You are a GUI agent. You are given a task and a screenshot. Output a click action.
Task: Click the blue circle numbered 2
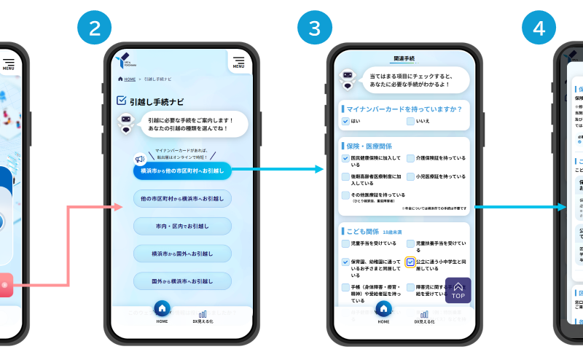pyautogui.click(x=94, y=28)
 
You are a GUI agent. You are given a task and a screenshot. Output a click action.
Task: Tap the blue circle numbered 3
pyautogui.click(x=314, y=28)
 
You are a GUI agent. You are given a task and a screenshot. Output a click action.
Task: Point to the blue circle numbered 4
pyautogui.click(x=539, y=28)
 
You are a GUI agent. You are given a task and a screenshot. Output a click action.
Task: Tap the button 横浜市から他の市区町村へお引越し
pyautogui.click(x=182, y=171)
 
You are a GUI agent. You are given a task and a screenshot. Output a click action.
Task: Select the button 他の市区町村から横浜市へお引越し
pyautogui.click(x=182, y=198)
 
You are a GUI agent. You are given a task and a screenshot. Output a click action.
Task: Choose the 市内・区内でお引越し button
pyautogui.click(x=182, y=226)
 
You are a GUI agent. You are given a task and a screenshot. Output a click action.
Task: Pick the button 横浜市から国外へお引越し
pyautogui.click(x=182, y=254)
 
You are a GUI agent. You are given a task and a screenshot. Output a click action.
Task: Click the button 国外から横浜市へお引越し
pyautogui.click(x=182, y=281)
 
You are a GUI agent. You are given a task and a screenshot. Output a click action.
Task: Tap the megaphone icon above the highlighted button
pyautogui.click(x=139, y=158)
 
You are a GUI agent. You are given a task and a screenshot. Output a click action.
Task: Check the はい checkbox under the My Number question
pyautogui.click(x=345, y=121)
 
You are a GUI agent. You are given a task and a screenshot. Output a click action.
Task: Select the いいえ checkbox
pyautogui.click(x=411, y=121)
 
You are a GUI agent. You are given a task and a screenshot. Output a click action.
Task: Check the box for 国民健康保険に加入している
pyautogui.click(x=345, y=158)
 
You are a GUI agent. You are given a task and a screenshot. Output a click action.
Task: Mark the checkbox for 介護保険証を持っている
pyautogui.click(x=411, y=158)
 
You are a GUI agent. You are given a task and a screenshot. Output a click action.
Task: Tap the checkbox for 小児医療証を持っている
pyautogui.click(x=411, y=176)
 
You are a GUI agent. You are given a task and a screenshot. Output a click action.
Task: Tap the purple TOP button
pyautogui.click(x=458, y=290)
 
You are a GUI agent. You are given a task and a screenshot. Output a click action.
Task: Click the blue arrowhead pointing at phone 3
pyautogui.click(x=319, y=169)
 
